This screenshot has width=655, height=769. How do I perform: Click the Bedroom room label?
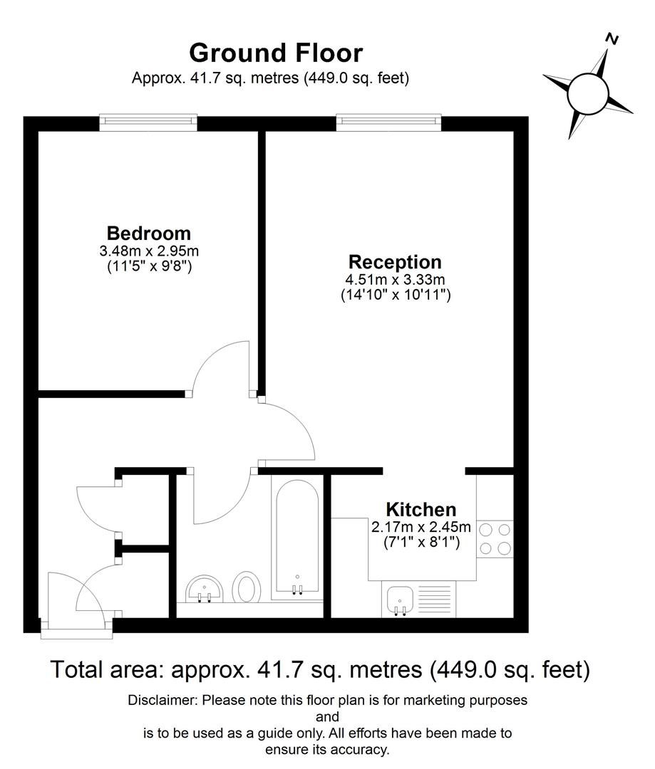(148, 233)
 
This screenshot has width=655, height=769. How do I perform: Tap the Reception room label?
(394, 261)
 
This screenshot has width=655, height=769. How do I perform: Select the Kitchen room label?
(421, 510)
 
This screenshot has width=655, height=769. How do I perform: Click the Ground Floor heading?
(276, 53)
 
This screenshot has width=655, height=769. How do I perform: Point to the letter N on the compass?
(611, 39)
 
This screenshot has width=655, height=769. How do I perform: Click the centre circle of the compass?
(588, 93)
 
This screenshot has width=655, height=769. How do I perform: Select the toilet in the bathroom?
(247, 588)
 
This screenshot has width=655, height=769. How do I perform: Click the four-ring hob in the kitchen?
(495, 539)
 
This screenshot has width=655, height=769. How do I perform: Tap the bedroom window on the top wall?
(148, 122)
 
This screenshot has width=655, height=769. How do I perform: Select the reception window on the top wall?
(388, 122)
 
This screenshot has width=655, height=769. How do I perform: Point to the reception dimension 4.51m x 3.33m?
(396, 279)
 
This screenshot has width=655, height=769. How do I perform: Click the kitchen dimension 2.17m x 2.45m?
(421, 528)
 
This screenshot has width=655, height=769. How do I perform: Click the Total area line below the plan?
(320, 669)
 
